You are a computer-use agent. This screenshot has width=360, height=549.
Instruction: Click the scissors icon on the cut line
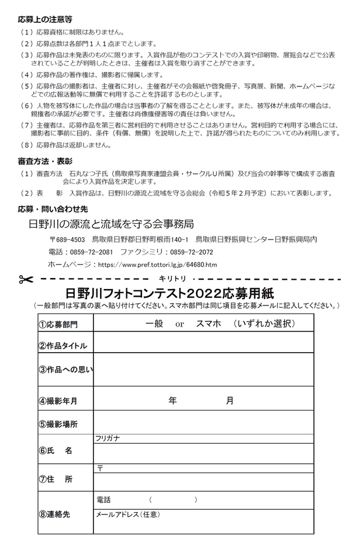pos(25,279)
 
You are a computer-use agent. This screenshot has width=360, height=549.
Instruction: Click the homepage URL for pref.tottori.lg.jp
pos(158,264)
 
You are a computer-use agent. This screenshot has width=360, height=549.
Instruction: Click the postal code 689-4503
pos(70,239)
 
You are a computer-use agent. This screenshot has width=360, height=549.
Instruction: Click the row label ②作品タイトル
pos(63,345)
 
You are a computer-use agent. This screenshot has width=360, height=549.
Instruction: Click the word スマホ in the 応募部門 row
pos(209,323)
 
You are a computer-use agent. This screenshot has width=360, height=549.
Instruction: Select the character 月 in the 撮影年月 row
pos(230,401)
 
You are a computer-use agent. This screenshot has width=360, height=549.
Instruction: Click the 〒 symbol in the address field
pos(99,468)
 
